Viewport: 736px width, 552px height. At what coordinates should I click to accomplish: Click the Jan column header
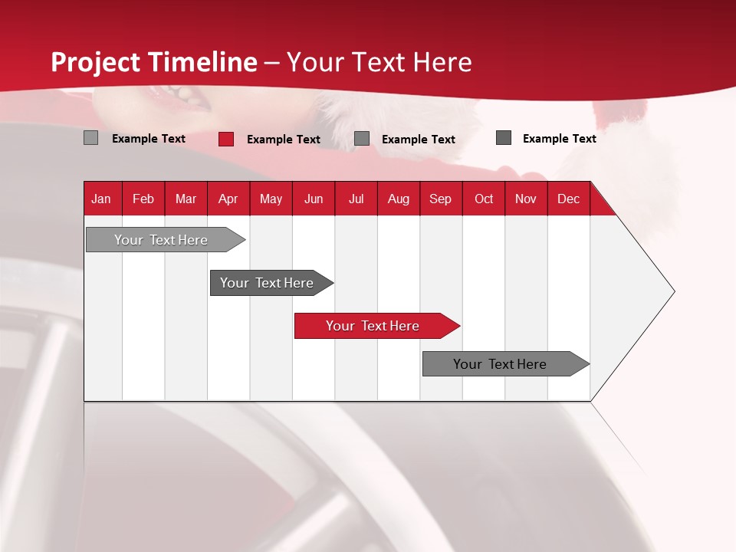101,199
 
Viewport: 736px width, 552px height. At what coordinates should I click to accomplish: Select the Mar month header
186,199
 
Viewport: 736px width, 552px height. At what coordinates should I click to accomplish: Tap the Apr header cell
228,199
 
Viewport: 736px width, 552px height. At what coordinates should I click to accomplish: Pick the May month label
271,199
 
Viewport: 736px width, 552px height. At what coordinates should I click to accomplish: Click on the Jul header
356,199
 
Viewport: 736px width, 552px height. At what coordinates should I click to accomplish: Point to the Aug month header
398,199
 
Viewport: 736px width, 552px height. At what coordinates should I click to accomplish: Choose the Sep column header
440,199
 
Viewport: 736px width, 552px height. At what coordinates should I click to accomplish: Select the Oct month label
484,199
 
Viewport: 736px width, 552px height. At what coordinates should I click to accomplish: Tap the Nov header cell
525,199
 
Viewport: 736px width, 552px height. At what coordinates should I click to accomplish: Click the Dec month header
568,199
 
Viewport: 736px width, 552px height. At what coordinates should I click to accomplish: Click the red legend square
226,139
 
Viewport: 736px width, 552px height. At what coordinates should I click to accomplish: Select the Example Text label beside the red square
283,140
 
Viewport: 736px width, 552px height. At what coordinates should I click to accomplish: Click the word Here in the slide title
442,62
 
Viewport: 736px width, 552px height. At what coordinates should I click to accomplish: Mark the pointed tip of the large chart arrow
673,291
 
